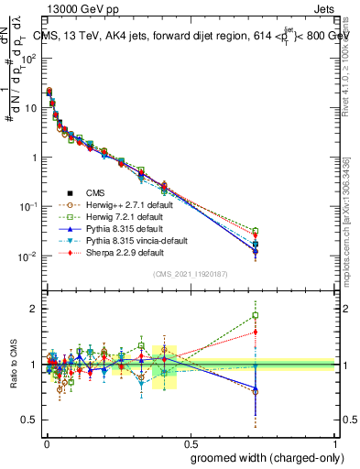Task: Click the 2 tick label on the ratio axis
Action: [34, 309]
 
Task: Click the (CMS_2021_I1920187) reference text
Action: [190, 274]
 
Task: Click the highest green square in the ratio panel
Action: [256, 316]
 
